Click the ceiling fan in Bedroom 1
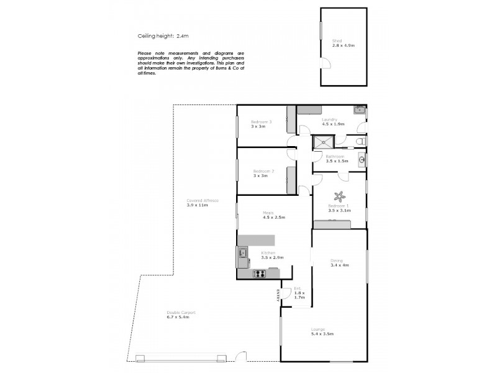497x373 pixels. [x=339, y=195]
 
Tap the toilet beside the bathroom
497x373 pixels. [x=362, y=142]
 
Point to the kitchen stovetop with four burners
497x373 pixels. [x=259, y=274]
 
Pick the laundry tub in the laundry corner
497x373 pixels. [x=359, y=110]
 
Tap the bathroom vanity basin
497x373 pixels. [x=362, y=160]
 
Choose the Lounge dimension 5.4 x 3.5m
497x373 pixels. [x=322, y=334]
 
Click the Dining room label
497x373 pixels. [x=337, y=261]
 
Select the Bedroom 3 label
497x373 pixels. [x=258, y=121]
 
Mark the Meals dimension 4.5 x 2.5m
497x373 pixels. [x=274, y=217]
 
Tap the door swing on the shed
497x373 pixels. [x=325, y=61]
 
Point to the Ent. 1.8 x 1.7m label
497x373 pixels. [x=299, y=292]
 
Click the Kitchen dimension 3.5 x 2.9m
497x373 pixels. [x=272, y=257]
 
